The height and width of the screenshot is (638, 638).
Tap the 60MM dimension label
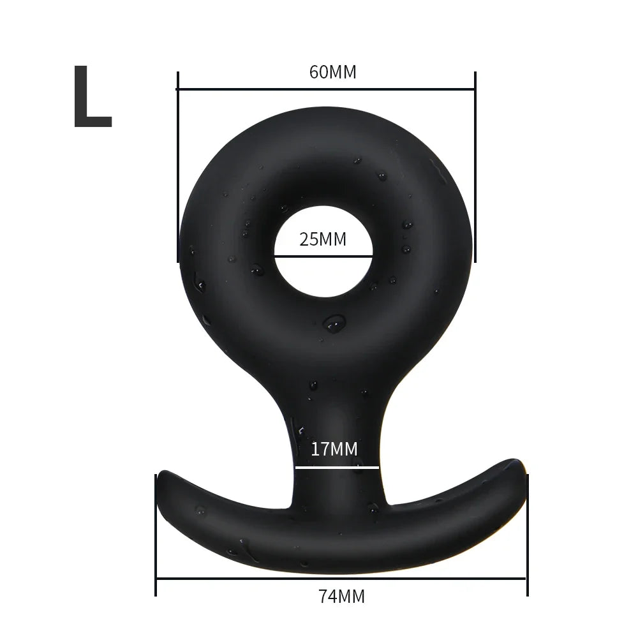pos(332,72)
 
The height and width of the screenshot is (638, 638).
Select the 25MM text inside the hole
pos(323,240)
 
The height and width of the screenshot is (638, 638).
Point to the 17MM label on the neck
pos(334,449)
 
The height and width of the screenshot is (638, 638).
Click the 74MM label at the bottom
pos(341,597)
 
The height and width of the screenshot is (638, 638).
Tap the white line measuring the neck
pos(337,467)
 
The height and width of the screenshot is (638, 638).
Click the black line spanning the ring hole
pos(323,256)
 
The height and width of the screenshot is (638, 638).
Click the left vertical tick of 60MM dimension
pos(177,166)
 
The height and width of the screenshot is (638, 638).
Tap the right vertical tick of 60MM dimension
pos(475,166)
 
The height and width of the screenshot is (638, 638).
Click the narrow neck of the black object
pos(338,434)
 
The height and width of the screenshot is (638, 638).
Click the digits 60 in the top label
pos(318,72)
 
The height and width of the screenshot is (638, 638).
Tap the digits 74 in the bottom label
pos(327,597)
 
